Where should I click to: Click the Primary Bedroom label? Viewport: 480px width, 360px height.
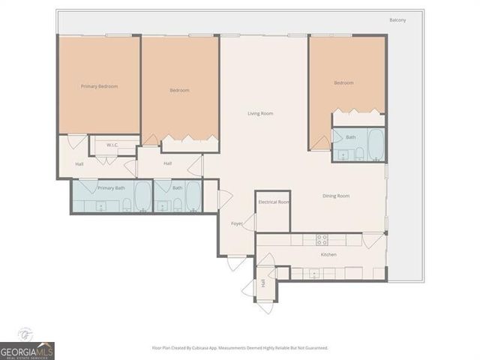click(x=99, y=86)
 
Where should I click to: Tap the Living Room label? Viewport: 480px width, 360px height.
click(x=260, y=113)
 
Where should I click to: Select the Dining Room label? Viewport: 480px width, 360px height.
click(x=336, y=196)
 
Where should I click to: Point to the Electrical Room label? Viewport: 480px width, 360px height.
click(x=272, y=202)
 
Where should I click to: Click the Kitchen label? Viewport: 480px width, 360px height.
click(x=328, y=255)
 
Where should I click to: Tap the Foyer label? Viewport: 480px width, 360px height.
click(x=236, y=223)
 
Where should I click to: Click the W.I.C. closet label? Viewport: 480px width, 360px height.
click(x=112, y=145)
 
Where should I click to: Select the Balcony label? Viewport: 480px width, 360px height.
click(x=397, y=20)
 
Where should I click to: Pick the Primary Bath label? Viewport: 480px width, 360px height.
click(x=111, y=187)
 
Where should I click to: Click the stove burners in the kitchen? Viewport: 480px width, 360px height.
click(x=322, y=240)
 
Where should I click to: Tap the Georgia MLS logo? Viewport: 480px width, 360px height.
click(x=27, y=350)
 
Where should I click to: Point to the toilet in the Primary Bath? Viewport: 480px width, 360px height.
click(x=126, y=204)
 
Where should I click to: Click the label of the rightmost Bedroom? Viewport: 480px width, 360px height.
click(x=343, y=82)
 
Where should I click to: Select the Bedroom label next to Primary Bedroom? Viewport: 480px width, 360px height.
click(x=179, y=90)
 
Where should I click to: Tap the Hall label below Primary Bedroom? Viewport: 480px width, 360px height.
click(x=79, y=163)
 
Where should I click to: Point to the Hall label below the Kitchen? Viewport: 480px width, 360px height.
click(x=262, y=284)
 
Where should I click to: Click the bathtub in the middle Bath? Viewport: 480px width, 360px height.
click(x=193, y=197)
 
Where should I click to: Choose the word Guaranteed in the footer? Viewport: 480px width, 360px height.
click(x=313, y=348)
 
